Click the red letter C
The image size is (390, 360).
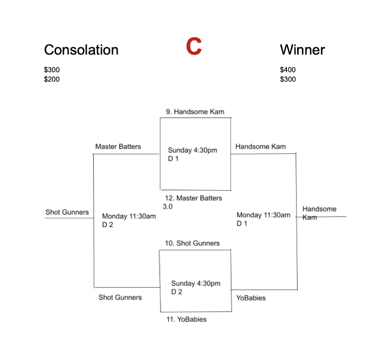pyautogui.click(x=194, y=46)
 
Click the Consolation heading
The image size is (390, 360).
pyautogui.click(x=81, y=50)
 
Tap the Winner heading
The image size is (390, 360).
pyautogui.click(x=302, y=50)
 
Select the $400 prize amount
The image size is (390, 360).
pyautogui.click(x=288, y=69)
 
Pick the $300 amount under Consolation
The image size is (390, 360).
pyautogui.click(x=52, y=69)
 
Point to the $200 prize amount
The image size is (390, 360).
pyautogui.click(x=52, y=79)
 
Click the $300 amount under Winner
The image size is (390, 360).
pyautogui.click(x=288, y=79)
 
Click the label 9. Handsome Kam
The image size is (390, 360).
pyautogui.click(x=195, y=111)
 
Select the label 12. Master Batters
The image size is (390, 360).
pyautogui.click(x=193, y=198)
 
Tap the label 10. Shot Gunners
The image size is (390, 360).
pyautogui.click(x=192, y=243)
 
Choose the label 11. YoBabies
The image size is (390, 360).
pyautogui.click(x=187, y=319)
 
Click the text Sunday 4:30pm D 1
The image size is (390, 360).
pyautogui.click(x=193, y=154)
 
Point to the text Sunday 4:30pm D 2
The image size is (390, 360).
pyautogui.click(x=196, y=287)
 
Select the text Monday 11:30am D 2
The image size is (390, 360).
pyautogui.click(x=129, y=220)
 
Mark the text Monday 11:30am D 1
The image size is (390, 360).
pyautogui.click(x=264, y=219)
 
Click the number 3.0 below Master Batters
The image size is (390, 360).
pyautogui.click(x=167, y=207)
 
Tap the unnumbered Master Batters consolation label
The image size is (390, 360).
pyautogui.click(x=118, y=146)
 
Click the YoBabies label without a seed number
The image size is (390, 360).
pyautogui.click(x=251, y=298)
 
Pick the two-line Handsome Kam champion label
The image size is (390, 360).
pyautogui.click(x=320, y=213)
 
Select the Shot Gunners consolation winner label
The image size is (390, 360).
pyautogui.click(x=67, y=212)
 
